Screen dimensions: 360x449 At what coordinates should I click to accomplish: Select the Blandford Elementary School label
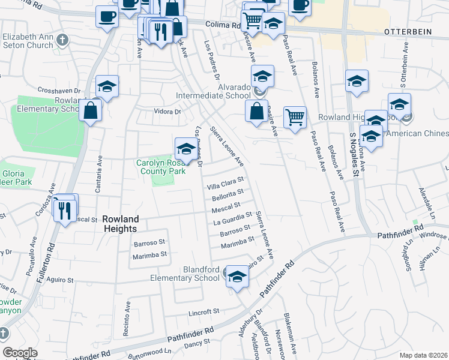click(x=185, y=274)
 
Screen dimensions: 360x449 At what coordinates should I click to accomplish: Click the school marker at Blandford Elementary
click(x=237, y=277)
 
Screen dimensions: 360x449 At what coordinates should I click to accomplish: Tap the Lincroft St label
click(x=203, y=313)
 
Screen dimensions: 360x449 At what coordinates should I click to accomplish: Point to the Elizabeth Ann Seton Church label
click(x=29, y=40)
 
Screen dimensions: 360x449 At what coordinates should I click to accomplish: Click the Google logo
click(x=20, y=353)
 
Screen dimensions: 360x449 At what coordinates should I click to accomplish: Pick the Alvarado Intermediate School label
click(x=213, y=91)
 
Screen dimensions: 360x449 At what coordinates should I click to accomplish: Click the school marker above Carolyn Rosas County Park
click(x=185, y=149)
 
